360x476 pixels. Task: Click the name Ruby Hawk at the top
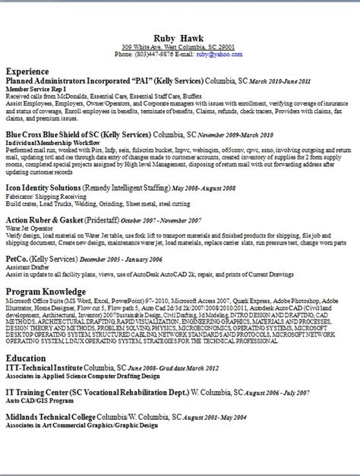pos(179,37)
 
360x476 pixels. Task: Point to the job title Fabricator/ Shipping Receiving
pos(43,196)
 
